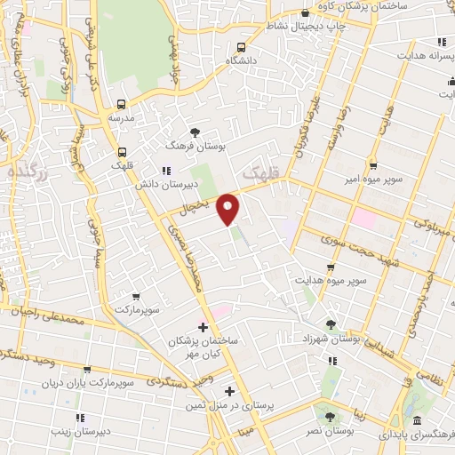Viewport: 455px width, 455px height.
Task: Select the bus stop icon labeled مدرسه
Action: [121, 103]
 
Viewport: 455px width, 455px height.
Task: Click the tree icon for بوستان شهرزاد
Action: [331, 325]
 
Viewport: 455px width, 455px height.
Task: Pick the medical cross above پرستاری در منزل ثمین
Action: [229, 391]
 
